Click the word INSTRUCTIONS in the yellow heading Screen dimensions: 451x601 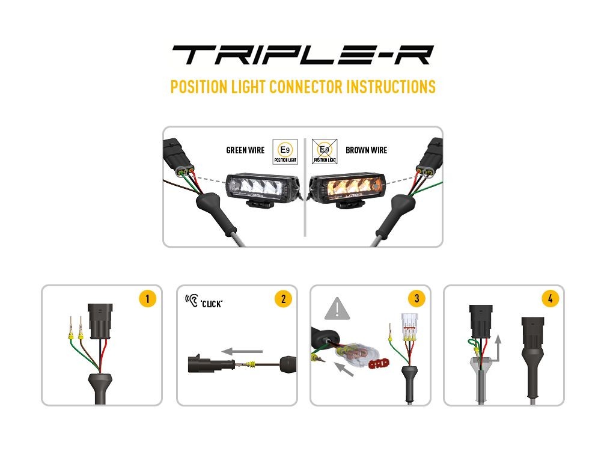click(391, 87)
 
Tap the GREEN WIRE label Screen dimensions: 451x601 click(245, 150)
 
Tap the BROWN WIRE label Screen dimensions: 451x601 click(367, 150)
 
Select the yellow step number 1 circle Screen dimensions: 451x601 click(147, 299)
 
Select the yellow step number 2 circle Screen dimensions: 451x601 click(282, 299)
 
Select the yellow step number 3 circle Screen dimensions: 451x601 click(416, 299)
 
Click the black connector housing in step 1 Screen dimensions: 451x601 click(99, 319)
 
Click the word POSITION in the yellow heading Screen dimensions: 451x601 click(199, 87)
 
